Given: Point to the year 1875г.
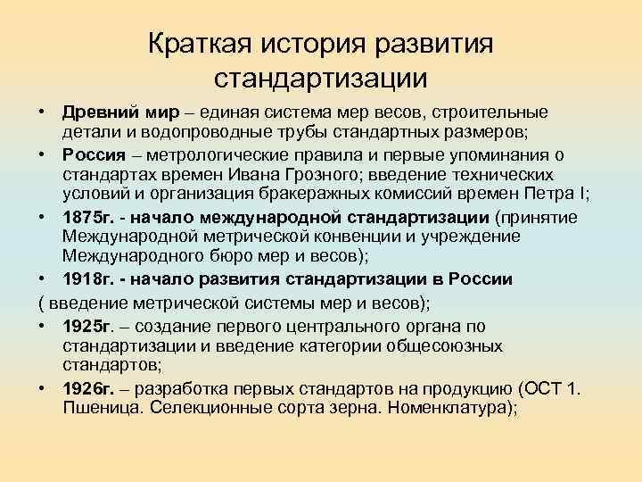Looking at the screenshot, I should tap(86, 217).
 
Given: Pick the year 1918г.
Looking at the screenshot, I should tap(86, 278).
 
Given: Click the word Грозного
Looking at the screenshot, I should tap(327, 175).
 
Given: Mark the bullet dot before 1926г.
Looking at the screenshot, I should tap(43, 389).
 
